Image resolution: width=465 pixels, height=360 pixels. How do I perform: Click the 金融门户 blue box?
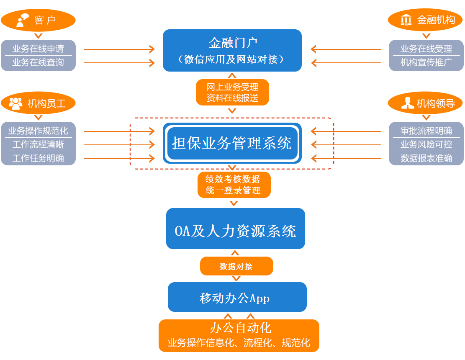(232, 50)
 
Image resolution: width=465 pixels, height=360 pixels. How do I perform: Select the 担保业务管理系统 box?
(232, 143)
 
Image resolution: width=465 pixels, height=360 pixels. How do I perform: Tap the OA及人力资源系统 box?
(235, 229)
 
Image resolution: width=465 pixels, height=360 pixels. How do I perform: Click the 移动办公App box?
(237, 297)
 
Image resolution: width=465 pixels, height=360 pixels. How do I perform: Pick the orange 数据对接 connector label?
(236, 266)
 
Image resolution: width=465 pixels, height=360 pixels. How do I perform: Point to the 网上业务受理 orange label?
(232, 87)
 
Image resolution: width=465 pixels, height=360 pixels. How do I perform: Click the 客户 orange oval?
(38, 20)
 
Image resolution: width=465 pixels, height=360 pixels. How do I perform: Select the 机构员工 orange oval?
(38, 103)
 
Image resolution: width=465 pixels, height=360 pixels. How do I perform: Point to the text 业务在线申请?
(38, 49)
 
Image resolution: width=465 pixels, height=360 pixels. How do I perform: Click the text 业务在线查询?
(38, 62)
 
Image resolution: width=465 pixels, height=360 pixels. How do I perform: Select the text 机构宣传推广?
(426, 62)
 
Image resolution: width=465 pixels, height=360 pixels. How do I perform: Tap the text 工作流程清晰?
(38, 145)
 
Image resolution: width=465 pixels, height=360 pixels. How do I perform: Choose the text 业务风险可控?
(426, 145)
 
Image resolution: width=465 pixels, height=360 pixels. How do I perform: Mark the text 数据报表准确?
(426, 158)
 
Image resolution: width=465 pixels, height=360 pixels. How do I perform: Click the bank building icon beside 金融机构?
(406, 20)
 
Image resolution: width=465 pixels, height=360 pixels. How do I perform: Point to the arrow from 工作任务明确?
(119, 158)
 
